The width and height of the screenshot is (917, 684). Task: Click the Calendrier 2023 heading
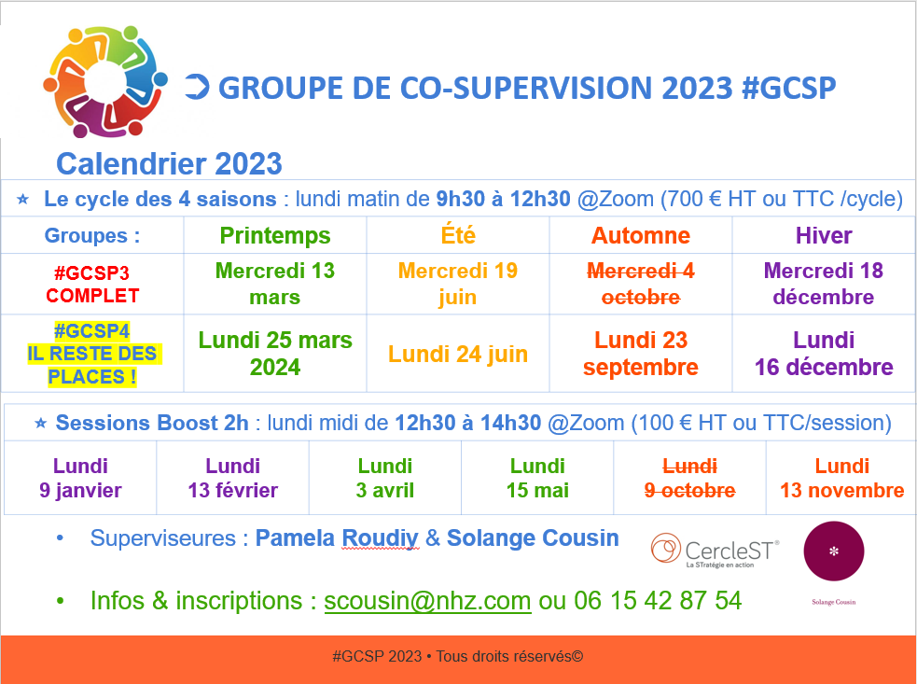[x=169, y=164]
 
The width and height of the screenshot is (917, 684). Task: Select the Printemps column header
[x=275, y=235]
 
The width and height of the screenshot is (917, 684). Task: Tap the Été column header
[x=458, y=234]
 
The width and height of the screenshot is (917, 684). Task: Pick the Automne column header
[x=640, y=235]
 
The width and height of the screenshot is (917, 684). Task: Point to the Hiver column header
[x=824, y=235]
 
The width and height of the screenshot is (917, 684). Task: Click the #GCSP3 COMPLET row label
[x=92, y=285]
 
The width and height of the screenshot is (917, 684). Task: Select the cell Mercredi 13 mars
[x=275, y=284]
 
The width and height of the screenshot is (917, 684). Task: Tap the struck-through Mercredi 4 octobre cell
[x=640, y=284]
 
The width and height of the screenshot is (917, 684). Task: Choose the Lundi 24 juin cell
[x=458, y=354]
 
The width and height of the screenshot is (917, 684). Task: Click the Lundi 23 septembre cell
[x=640, y=354]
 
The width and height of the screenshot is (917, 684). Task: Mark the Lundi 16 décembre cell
[x=824, y=354]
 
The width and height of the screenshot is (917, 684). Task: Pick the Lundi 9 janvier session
[x=80, y=478]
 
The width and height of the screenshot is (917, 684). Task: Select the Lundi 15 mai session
[x=537, y=478]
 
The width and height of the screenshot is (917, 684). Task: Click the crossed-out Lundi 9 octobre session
[x=689, y=478]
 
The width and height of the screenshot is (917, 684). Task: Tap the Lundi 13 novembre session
[x=842, y=478]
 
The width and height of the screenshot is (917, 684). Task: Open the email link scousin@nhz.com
[x=427, y=601]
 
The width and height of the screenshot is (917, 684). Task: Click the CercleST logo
[x=714, y=550]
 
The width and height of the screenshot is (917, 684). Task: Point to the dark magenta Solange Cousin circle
[x=833, y=551]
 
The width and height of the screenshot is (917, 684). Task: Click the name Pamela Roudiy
[x=337, y=538]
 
